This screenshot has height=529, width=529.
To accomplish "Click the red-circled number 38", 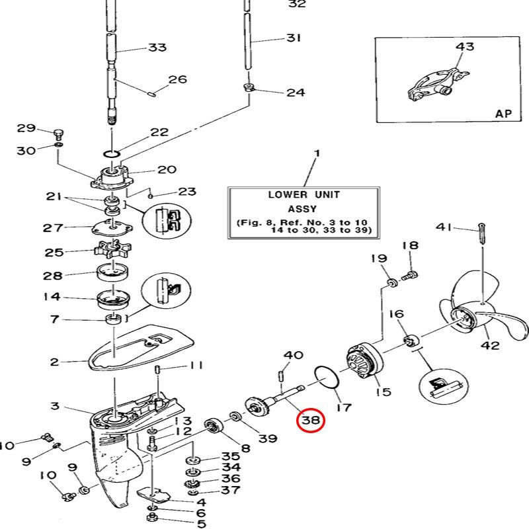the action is (310, 420).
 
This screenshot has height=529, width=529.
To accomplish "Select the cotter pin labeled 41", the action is (483, 233).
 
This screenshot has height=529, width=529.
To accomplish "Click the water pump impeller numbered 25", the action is (112, 249).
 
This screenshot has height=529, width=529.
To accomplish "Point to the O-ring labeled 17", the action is (326, 377).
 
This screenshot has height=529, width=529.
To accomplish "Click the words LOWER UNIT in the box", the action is (304, 194).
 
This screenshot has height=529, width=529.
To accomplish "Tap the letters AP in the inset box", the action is (503, 114).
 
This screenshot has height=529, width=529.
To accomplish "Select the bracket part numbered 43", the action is (437, 85).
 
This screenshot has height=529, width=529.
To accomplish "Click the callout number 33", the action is (157, 47).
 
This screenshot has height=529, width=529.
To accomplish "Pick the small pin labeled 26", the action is (152, 93).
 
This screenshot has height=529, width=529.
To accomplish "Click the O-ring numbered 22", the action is (112, 154).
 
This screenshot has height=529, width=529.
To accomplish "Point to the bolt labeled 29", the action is (58, 134).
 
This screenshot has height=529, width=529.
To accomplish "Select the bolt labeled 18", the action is (409, 276).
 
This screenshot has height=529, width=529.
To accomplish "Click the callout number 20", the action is (167, 169).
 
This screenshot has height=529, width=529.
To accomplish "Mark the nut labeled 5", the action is (151, 517).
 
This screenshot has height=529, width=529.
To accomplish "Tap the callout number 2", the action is (55, 362).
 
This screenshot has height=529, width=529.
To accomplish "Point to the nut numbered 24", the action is (248, 88).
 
